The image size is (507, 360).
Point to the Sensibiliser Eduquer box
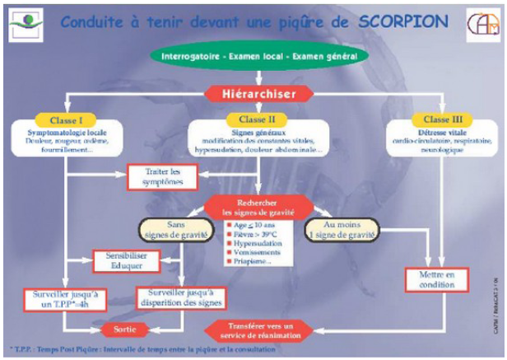coord(119,261)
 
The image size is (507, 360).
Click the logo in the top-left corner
coord(27,22)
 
